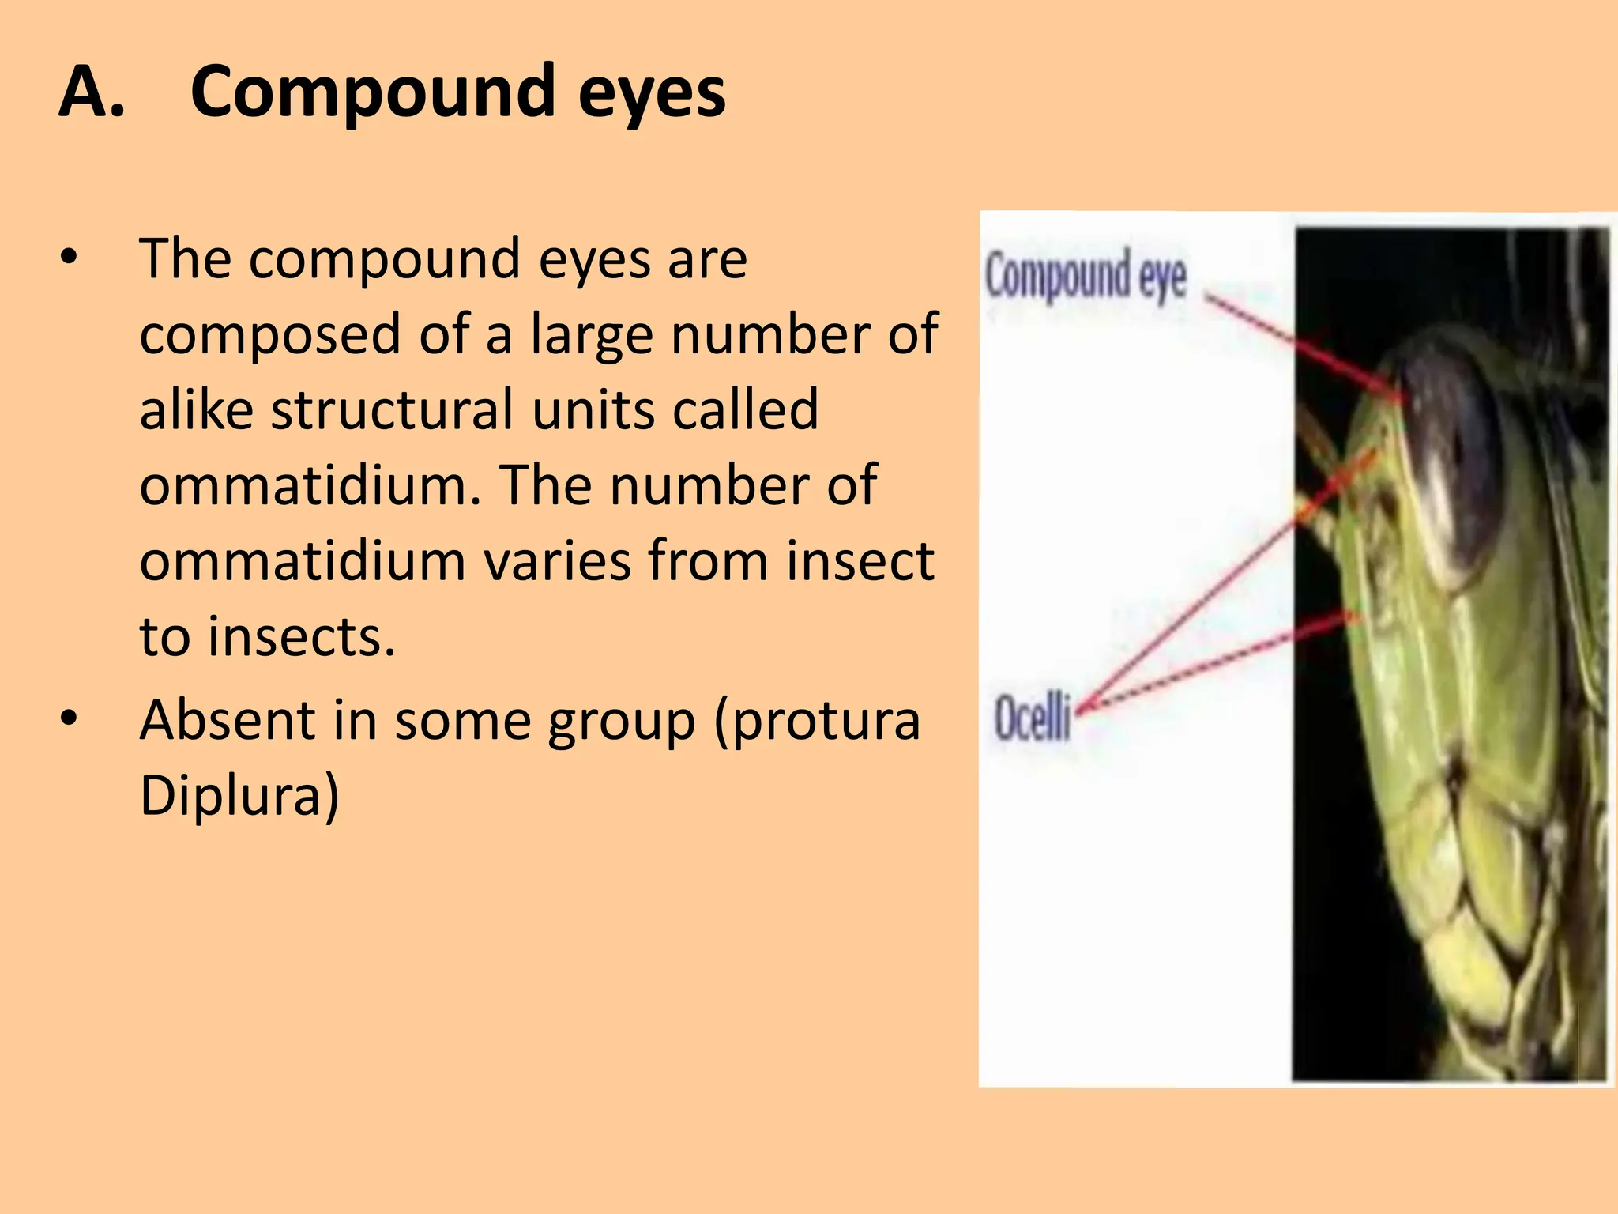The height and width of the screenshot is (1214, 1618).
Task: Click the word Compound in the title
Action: click(372, 93)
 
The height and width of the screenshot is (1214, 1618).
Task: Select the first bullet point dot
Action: click(70, 258)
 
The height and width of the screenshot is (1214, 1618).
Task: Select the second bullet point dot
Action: click(70, 718)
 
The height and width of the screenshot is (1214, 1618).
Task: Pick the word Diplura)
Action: click(239, 794)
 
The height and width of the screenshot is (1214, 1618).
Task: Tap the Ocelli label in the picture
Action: click(1031, 717)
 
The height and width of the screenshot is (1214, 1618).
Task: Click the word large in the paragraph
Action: click(591, 335)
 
